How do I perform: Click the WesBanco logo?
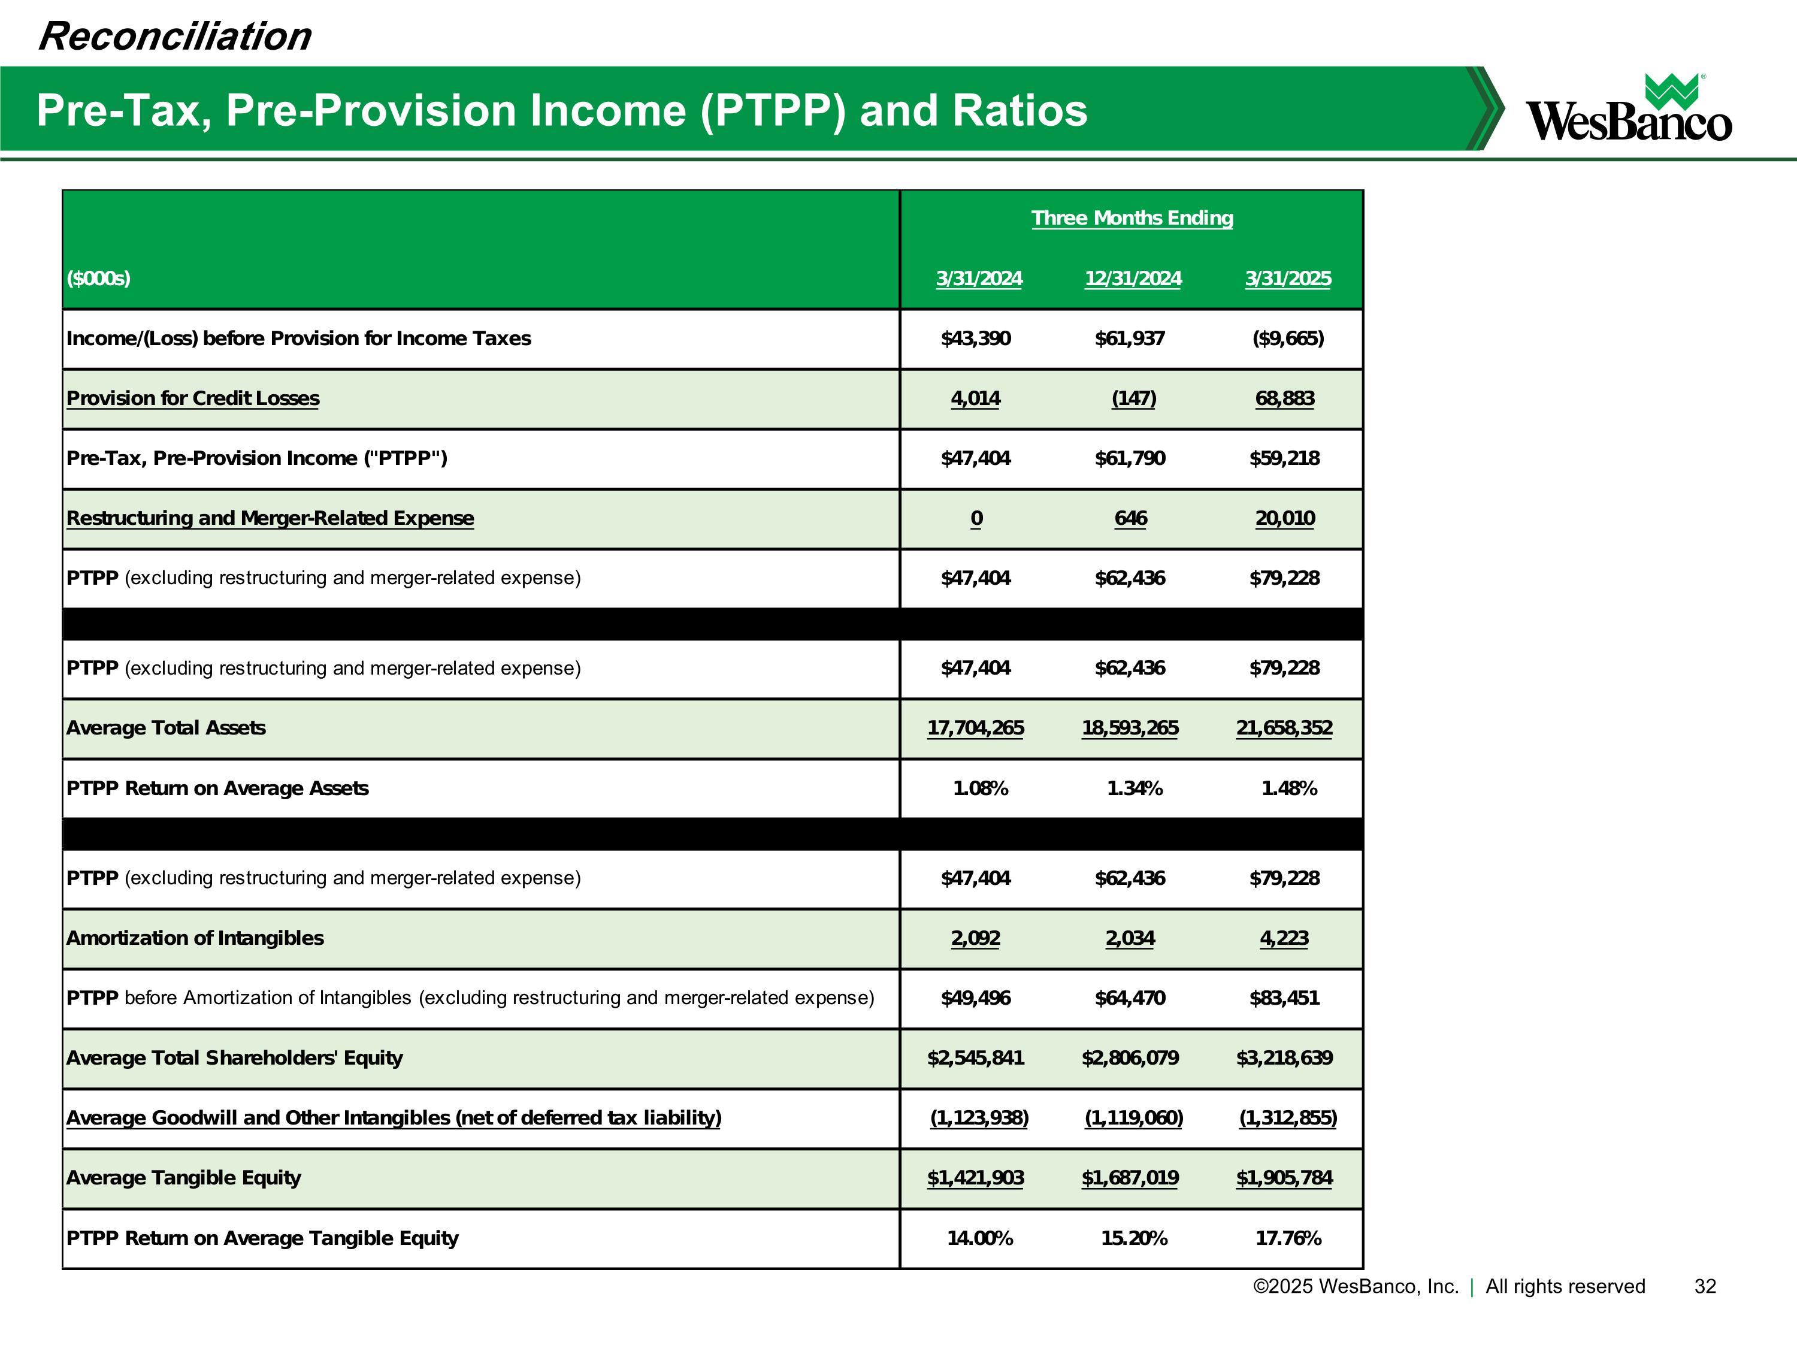pos(1628,110)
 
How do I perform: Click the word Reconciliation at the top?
pos(175,37)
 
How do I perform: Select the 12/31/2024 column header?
pos(1133,279)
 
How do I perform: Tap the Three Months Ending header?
pos(1132,217)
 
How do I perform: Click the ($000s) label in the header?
pos(98,279)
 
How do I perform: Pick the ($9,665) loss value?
pos(1288,339)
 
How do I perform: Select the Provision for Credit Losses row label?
pos(192,398)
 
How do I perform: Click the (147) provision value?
pos(1133,398)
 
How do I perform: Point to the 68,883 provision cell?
pos(1284,398)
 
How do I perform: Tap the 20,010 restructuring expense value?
pos(1284,518)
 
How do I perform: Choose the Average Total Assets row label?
pos(166,728)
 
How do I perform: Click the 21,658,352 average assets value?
pos(1284,728)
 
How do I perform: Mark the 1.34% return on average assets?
pos(1134,788)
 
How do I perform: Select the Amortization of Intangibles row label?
pos(195,938)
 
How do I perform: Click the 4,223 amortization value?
pos(1284,938)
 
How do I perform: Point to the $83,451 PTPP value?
pos(1284,998)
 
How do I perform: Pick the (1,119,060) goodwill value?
pos(1133,1118)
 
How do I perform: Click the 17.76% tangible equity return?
pos(1288,1238)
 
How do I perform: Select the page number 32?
pos(1704,1286)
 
